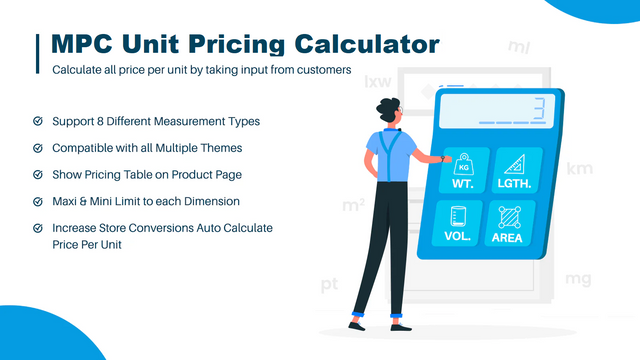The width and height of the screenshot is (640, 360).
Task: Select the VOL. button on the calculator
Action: point(458,225)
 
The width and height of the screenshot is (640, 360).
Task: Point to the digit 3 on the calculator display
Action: point(537,107)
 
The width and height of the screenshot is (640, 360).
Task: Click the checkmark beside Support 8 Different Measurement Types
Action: point(38,121)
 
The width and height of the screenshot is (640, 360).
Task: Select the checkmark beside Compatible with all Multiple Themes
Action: point(38,148)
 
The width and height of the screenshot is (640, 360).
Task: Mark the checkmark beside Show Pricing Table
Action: point(38,175)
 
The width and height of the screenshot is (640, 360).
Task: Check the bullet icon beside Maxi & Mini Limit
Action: point(38,202)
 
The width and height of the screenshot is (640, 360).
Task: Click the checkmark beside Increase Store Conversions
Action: point(38,229)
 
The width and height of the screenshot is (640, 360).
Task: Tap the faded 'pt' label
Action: point(330,286)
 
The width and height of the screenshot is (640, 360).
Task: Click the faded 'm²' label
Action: point(353,205)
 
